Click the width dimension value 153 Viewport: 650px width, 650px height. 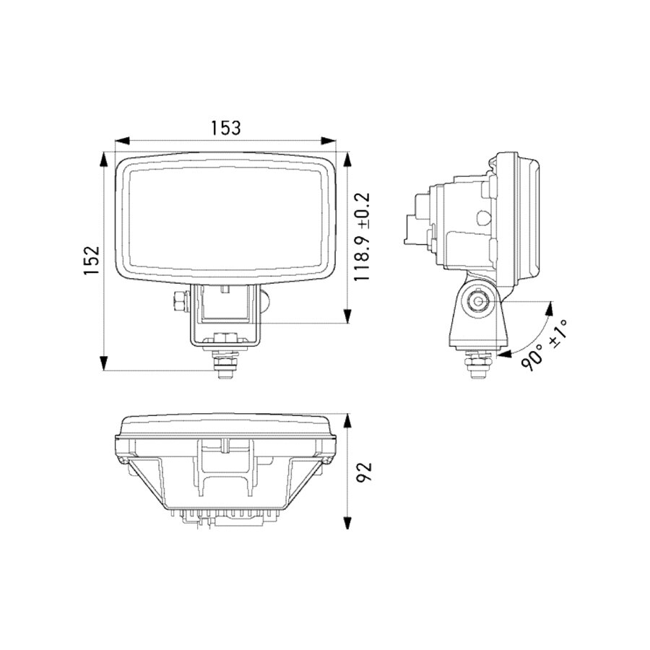click(225, 127)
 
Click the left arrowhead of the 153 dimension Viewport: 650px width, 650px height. click(123, 141)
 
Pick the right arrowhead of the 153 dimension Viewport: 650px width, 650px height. click(330, 141)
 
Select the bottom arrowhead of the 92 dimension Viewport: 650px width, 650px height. click(348, 524)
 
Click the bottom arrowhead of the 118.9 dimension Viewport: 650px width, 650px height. click(347, 315)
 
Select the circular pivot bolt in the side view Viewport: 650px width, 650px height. click(479, 301)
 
